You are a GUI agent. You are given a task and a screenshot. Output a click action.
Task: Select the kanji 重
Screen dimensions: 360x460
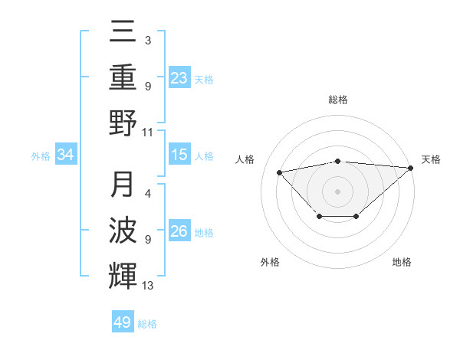click(123, 77)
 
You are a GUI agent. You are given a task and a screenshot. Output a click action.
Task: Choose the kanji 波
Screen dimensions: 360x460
click(123, 231)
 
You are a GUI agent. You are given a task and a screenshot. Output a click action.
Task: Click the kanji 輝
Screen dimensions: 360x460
click(123, 273)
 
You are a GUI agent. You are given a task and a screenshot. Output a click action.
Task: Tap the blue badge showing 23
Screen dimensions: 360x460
click(179, 77)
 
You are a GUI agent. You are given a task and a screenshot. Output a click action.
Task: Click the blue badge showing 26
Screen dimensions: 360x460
click(179, 231)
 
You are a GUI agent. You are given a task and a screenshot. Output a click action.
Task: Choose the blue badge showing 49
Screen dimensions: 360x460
click(123, 322)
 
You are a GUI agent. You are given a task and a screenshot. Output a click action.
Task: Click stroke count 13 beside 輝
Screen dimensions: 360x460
click(149, 286)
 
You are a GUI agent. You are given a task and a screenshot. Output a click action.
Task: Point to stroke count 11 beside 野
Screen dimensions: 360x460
click(149, 132)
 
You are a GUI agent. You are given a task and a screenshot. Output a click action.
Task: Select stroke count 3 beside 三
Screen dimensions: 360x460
click(148, 39)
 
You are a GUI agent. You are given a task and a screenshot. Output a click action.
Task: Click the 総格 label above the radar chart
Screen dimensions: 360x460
click(338, 100)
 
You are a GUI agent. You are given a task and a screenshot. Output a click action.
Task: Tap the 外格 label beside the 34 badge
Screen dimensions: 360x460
click(41, 156)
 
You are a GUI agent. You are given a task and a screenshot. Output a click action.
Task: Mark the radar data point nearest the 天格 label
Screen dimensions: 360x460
click(410, 169)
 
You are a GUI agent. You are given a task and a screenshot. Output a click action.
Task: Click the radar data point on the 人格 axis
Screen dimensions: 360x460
click(280, 172)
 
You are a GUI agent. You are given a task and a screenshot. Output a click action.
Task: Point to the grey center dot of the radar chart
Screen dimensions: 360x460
click(338, 191)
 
